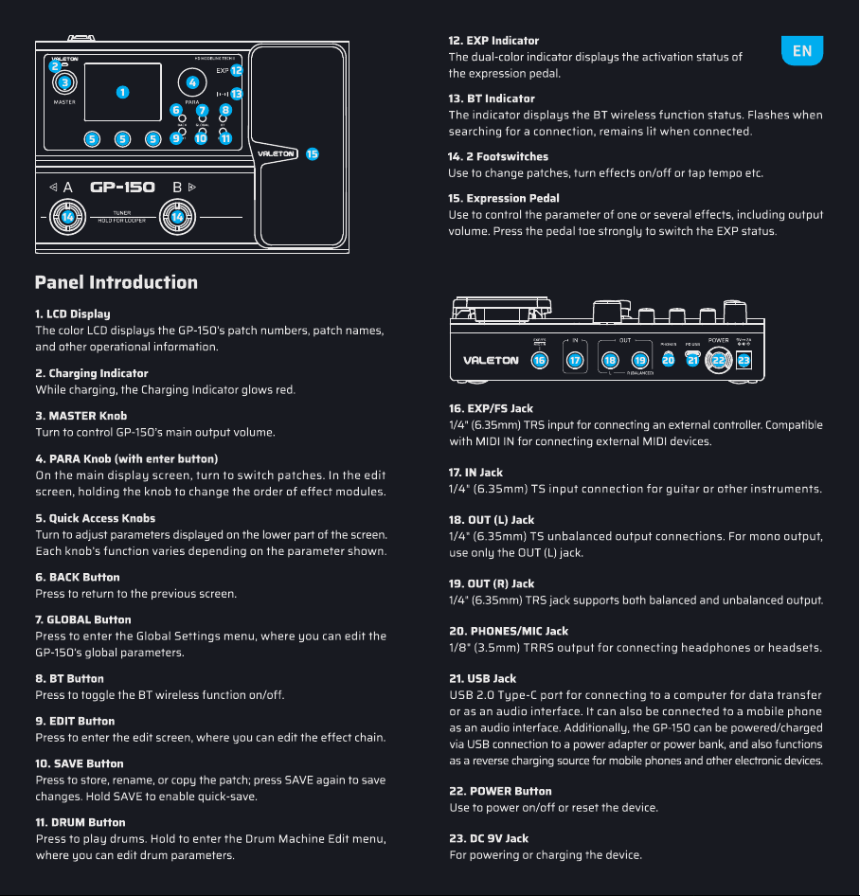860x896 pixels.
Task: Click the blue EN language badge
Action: [801, 50]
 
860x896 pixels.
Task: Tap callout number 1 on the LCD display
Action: [122, 92]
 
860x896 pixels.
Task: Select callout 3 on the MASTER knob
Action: [64, 82]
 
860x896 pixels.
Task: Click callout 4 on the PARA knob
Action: [192, 82]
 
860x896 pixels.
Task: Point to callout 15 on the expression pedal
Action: [312, 153]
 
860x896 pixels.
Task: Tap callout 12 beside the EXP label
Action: [237, 70]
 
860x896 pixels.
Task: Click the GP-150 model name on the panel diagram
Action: [122, 188]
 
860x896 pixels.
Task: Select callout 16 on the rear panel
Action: [540, 360]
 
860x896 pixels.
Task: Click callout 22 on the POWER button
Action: [718, 360]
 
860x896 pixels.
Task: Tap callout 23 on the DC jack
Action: [744, 360]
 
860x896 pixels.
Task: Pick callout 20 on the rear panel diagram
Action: [668, 359]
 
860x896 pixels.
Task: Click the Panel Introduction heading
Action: [116, 282]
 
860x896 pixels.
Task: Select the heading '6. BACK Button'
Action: [78, 577]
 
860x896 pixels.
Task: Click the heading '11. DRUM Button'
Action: [81, 822]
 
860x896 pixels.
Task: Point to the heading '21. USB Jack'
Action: [483, 678]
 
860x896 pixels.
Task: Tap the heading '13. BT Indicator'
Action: [492, 99]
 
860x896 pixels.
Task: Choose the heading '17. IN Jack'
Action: [476, 473]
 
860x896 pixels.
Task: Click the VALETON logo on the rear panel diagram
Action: [491, 361]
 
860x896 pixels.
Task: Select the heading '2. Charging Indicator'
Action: [92, 373]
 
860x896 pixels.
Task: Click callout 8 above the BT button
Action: [225, 110]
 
